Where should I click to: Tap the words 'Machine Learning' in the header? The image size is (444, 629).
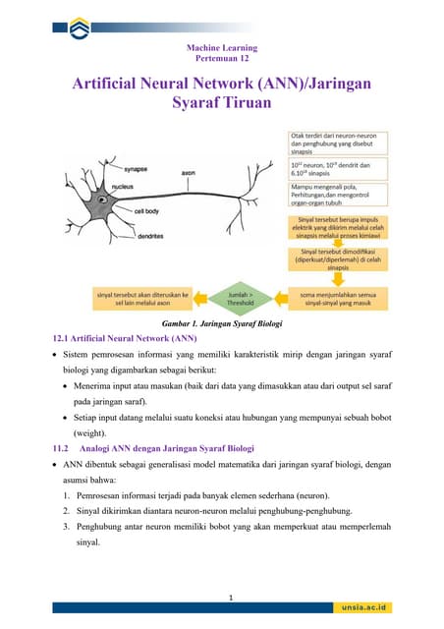(x=222, y=47)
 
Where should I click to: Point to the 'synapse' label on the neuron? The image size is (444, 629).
(x=108, y=169)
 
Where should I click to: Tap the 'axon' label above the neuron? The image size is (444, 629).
(x=188, y=173)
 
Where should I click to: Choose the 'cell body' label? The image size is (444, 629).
(x=147, y=210)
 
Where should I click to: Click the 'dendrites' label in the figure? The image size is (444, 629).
(x=123, y=236)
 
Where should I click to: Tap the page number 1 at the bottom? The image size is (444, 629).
(x=229, y=597)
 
